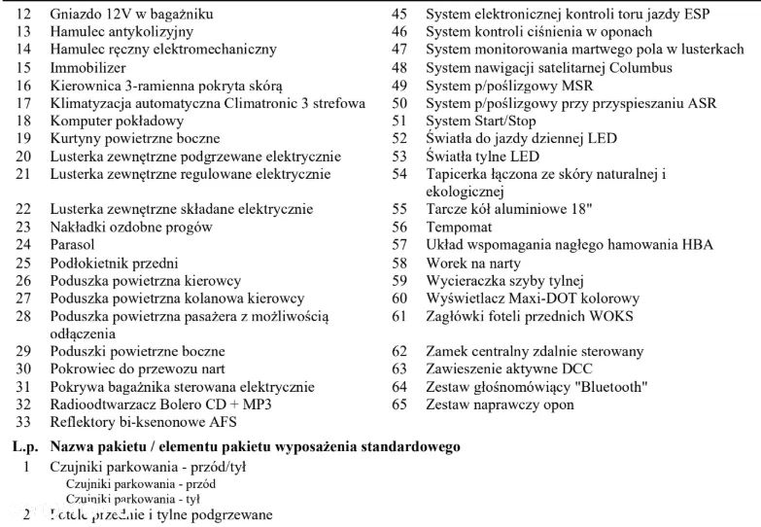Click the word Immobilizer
tap(87, 68)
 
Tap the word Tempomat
tap(461, 227)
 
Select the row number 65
tap(398, 404)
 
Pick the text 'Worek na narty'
tap(473, 263)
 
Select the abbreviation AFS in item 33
tap(223, 422)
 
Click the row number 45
tap(398, 16)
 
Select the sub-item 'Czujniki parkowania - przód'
tap(140, 483)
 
